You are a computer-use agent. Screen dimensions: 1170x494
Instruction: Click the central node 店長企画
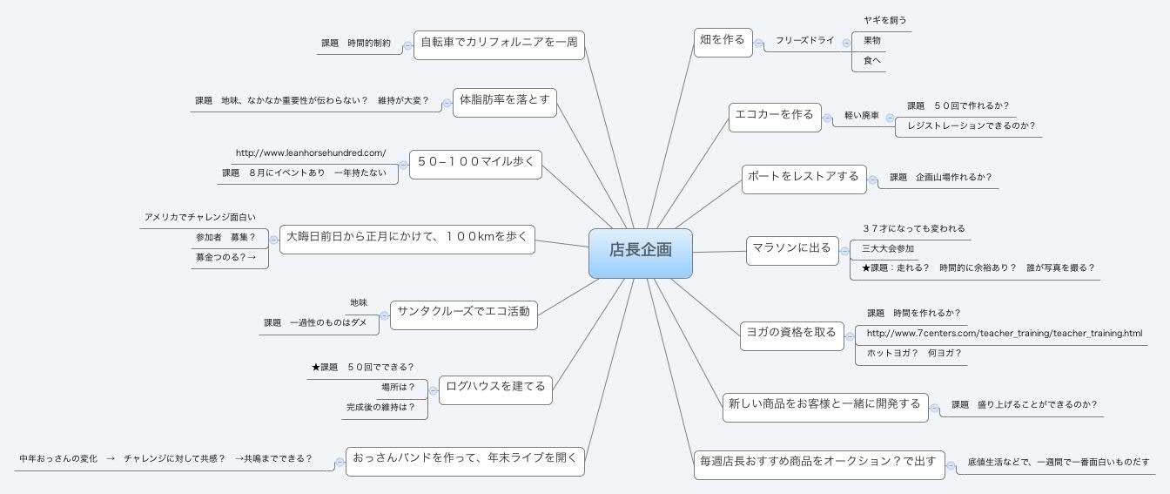tap(641, 253)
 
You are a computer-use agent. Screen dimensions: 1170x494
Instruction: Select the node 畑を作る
tap(723, 43)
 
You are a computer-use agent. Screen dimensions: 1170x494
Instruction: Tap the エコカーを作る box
tap(775, 117)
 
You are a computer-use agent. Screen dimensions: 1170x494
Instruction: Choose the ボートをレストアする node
tap(804, 179)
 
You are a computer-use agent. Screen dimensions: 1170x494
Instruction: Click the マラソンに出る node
tap(792, 251)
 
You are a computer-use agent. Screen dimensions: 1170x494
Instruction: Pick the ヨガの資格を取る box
tap(792, 335)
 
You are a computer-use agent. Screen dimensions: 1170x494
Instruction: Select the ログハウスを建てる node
tap(495, 389)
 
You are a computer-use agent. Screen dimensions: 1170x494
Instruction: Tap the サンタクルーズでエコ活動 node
tap(463, 315)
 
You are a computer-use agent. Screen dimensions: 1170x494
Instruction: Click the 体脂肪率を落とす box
tap(505, 103)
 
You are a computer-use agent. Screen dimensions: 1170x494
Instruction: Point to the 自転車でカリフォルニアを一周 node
tap(499, 45)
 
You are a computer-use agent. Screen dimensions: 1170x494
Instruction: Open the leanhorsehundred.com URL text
tap(311, 153)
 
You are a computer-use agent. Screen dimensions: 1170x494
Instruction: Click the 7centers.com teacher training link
tap(1005, 333)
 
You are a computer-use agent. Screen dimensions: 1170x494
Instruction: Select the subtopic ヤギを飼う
tap(884, 20)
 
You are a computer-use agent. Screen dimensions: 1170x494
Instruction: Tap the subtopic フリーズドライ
tap(804, 40)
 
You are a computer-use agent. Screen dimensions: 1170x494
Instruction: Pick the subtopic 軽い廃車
tap(862, 116)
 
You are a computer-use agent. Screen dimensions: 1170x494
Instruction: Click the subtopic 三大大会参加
tap(888, 249)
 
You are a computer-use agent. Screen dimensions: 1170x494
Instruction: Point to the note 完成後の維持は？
tap(380, 407)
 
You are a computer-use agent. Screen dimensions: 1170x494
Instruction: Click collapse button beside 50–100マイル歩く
tap(403, 166)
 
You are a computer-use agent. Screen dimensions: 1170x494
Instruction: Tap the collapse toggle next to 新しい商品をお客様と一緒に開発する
tap(934, 409)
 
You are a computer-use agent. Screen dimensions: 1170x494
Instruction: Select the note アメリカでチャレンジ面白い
tap(200, 217)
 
